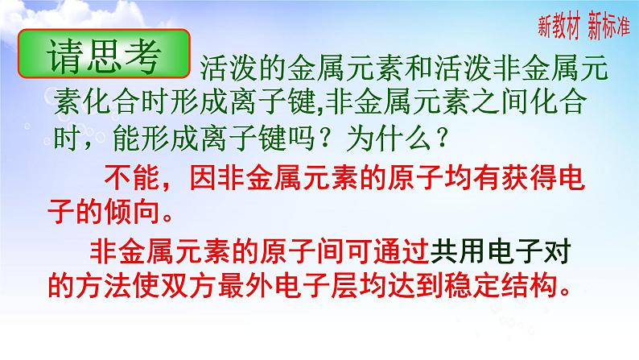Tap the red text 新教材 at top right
(x=560, y=27)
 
